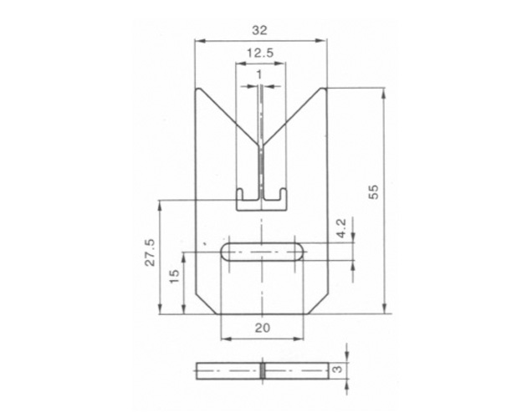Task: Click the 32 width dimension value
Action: (259, 30)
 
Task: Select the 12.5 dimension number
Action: (260, 54)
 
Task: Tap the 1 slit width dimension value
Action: (259, 74)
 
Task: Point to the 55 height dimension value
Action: (373, 192)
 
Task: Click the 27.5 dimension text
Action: (150, 252)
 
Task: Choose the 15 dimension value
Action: (173, 276)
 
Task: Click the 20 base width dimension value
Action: (263, 328)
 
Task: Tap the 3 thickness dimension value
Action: (337, 370)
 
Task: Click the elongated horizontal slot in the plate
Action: (263, 252)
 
